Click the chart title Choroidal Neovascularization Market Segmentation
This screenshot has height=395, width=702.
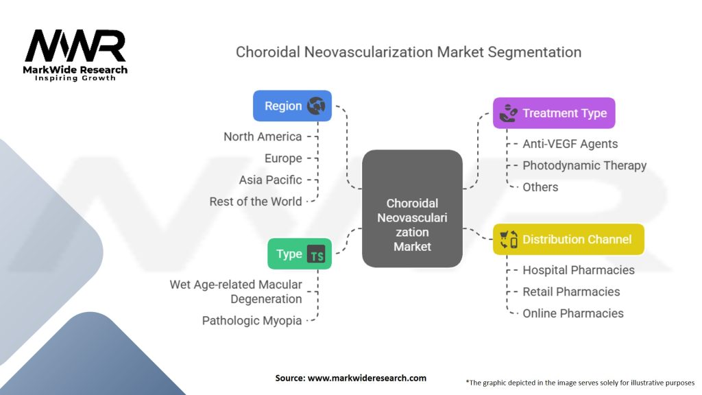[x=408, y=52]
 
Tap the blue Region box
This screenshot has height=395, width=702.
[x=292, y=106]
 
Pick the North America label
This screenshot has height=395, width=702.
[x=263, y=136]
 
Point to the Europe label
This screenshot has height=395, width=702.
[x=283, y=158]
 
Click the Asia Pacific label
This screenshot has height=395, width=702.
[x=270, y=180]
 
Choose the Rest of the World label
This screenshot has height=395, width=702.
[x=256, y=202]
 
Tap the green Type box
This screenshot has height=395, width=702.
[x=299, y=254]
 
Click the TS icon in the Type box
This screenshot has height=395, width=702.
[x=317, y=255]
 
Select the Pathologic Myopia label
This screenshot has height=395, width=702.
[x=252, y=320]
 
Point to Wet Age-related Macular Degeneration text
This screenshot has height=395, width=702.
[x=236, y=291]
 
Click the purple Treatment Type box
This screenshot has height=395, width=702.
[x=554, y=113]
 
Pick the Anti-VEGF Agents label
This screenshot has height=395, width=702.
[x=570, y=144]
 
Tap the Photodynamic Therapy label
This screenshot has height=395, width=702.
[x=584, y=165]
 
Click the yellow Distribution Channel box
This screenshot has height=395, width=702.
[x=568, y=239]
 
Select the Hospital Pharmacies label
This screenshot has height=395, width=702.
[x=578, y=270]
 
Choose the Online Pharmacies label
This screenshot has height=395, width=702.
[x=572, y=313]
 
